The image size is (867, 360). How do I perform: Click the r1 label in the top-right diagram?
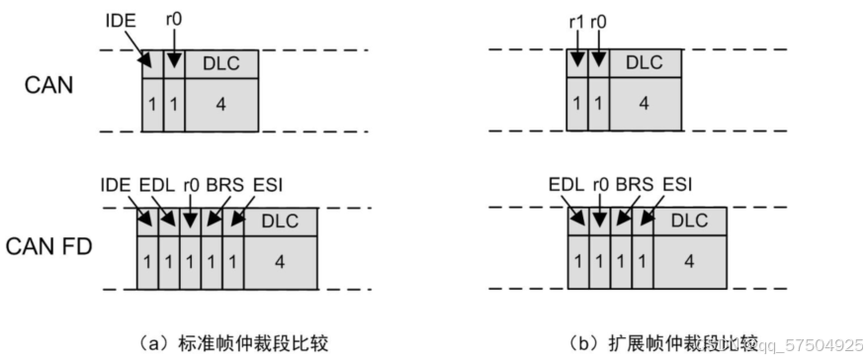click(575, 18)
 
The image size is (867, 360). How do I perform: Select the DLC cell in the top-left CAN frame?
click(220, 63)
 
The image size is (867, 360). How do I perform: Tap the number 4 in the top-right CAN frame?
click(645, 103)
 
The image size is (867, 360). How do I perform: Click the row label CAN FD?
click(56, 245)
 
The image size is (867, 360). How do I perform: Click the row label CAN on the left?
click(49, 87)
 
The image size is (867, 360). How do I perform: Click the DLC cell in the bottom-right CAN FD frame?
click(690, 222)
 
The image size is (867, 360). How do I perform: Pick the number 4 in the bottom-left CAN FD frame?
click(280, 261)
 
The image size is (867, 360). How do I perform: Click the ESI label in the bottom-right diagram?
click(675, 185)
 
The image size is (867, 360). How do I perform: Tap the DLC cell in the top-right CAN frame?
click(645, 63)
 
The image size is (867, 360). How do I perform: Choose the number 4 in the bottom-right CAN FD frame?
click(690, 261)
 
